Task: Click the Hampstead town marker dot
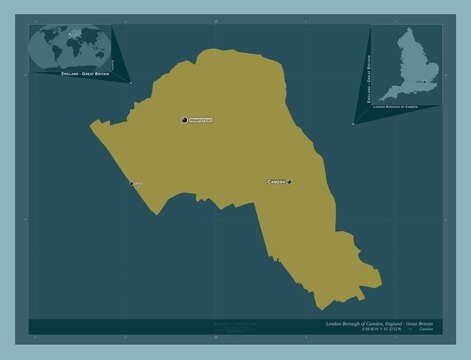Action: click(x=184, y=120)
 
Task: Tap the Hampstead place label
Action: click(x=202, y=120)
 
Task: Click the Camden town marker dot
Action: click(x=290, y=182)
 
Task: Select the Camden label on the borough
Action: click(x=276, y=182)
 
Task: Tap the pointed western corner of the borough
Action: click(x=92, y=124)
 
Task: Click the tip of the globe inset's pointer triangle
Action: click(x=131, y=85)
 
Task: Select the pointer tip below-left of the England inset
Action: click(x=352, y=125)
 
